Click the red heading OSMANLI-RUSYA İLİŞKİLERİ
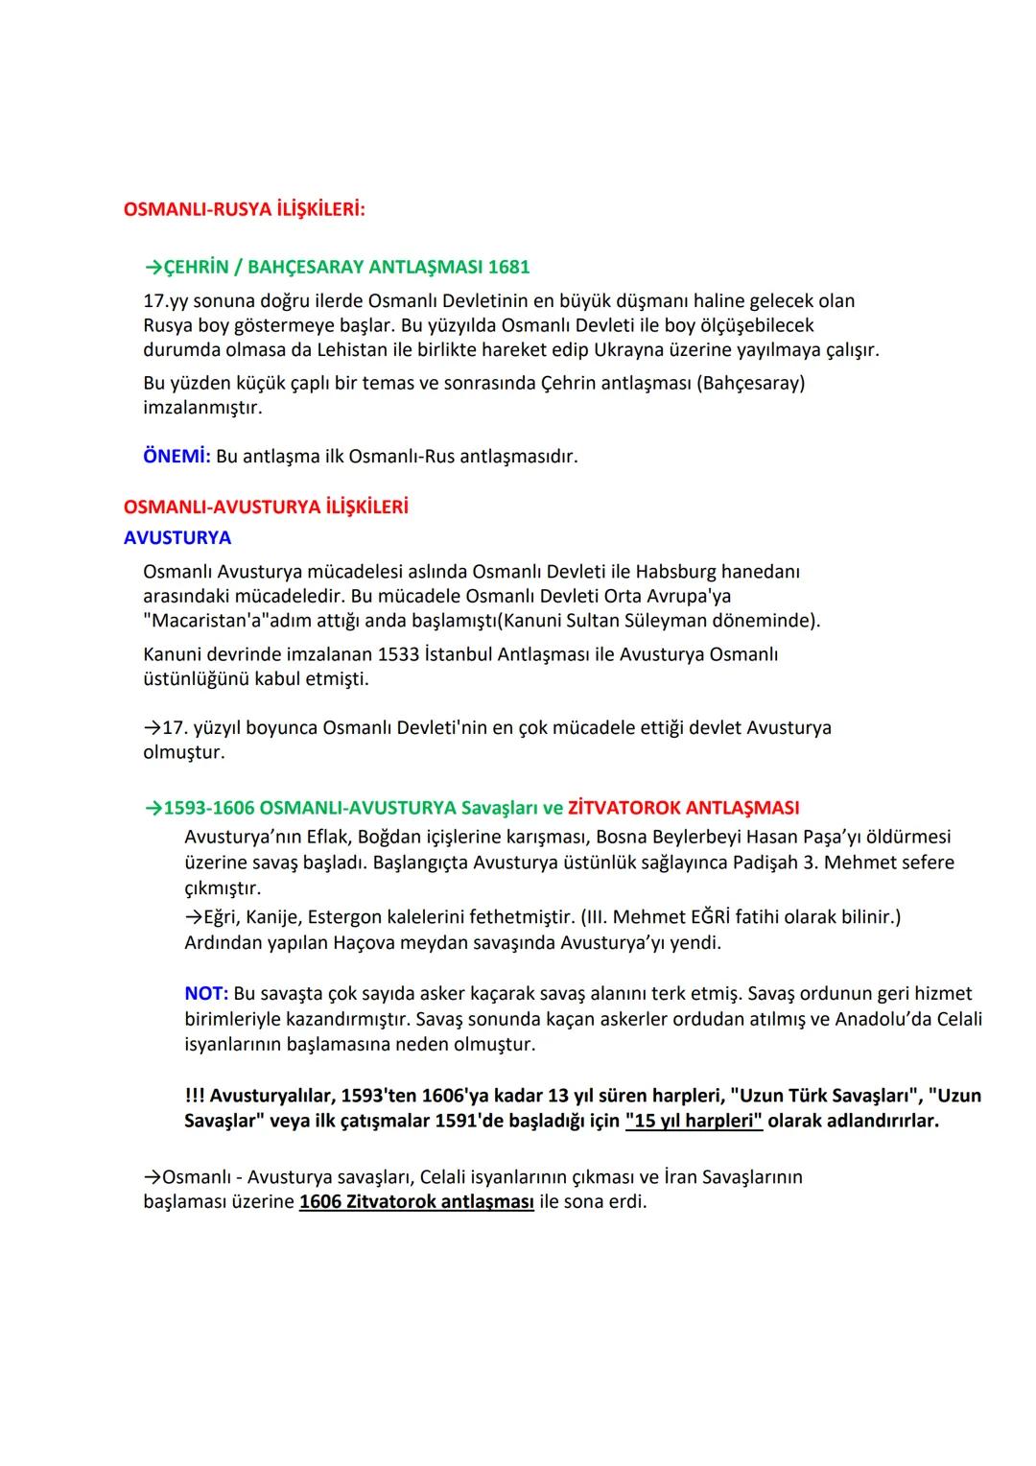click(x=244, y=208)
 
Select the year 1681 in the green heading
click(x=508, y=267)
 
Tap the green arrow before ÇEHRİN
click(x=153, y=267)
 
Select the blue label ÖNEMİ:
click(x=177, y=456)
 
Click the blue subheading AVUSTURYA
click(x=177, y=538)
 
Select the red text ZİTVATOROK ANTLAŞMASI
click(x=683, y=808)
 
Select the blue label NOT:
click(x=206, y=994)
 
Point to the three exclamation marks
click(x=194, y=1096)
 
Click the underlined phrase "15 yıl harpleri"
click(x=694, y=1121)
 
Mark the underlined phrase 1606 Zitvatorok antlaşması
click(x=416, y=1202)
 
